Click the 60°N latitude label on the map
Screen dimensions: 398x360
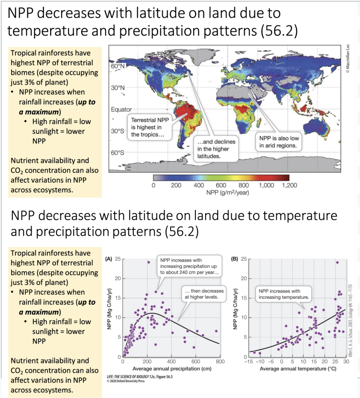(118, 67)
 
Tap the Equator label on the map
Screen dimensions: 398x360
(121, 110)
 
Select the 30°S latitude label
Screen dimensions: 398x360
(118, 131)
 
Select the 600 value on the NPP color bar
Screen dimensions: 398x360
(221, 185)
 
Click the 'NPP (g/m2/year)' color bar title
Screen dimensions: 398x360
(221, 192)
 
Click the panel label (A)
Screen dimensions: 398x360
(108, 260)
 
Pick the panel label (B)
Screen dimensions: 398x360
(234, 259)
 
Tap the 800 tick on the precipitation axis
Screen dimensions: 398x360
(220, 362)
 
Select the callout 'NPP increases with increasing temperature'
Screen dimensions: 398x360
(284, 294)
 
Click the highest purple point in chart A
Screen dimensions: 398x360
(148, 262)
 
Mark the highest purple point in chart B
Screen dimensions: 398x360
(337, 262)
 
